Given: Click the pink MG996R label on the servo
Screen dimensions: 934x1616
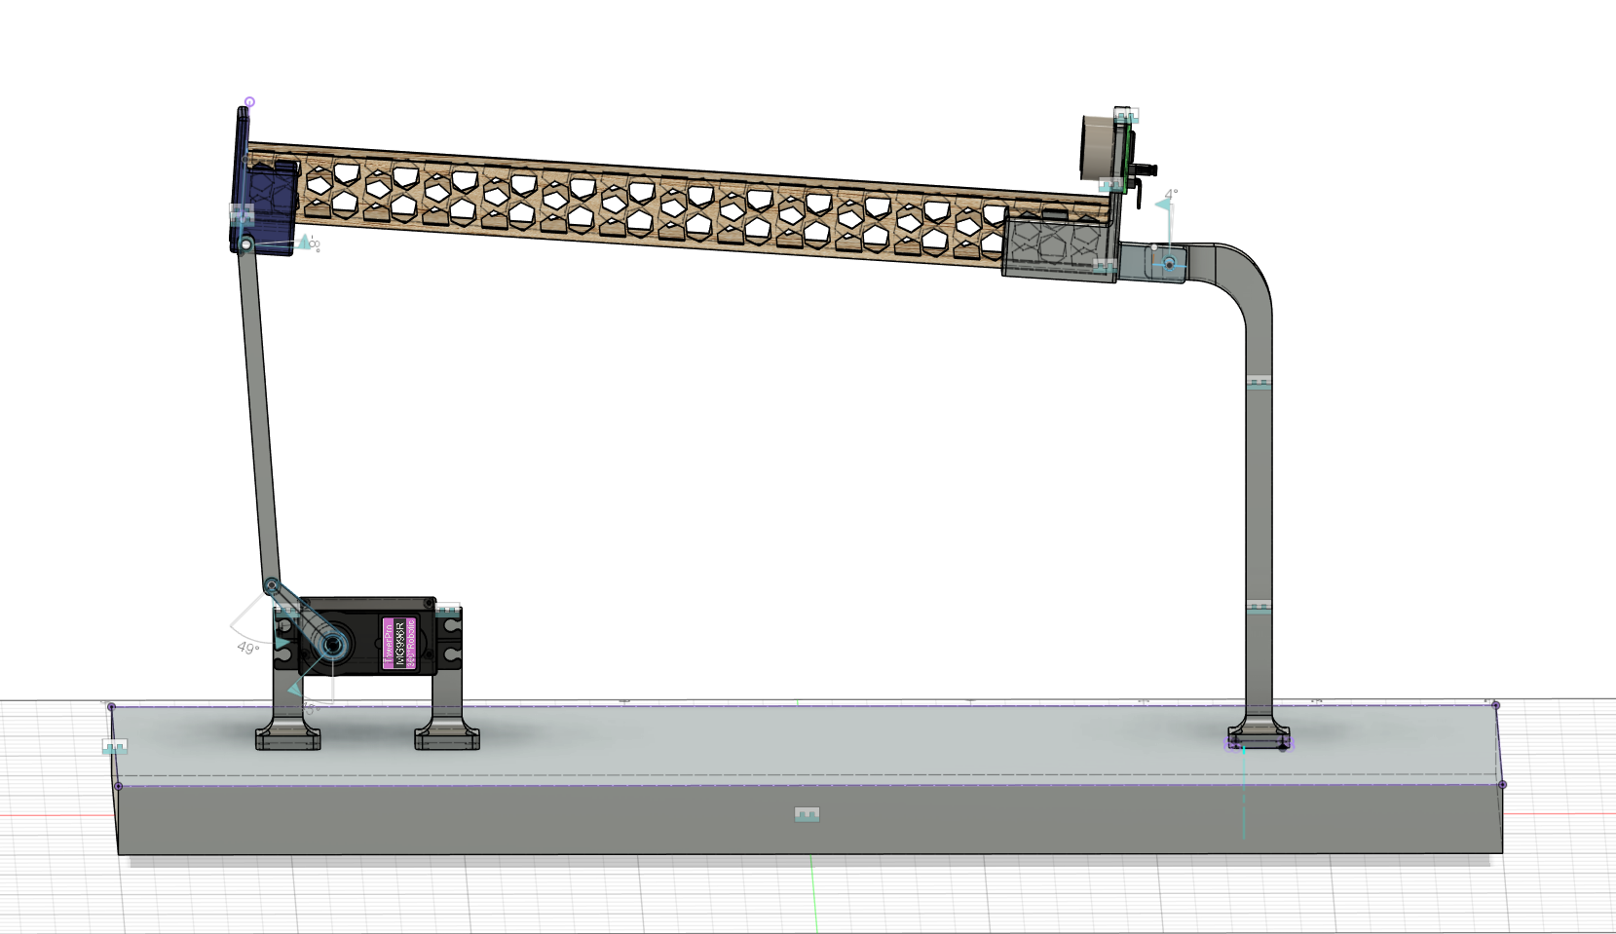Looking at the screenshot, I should (x=399, y=643).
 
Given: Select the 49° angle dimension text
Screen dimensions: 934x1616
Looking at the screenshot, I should (x=247, y=648).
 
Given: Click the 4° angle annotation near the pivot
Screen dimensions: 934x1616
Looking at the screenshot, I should (x=1171, y=195).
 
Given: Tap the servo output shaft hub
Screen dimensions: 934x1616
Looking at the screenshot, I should (x=333, y=645).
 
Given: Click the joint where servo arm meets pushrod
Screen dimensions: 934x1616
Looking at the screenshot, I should (x=272, y=585).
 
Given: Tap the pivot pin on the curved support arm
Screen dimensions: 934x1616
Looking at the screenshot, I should (x=1169, y=263).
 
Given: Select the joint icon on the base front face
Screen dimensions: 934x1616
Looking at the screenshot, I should (x=807, y=814).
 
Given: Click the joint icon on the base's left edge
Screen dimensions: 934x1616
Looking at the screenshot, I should (x=115, y=747).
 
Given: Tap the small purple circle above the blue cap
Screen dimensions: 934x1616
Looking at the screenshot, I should (x=249, y=101).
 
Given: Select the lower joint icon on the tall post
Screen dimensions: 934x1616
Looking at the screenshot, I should (x=1259, y=607).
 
